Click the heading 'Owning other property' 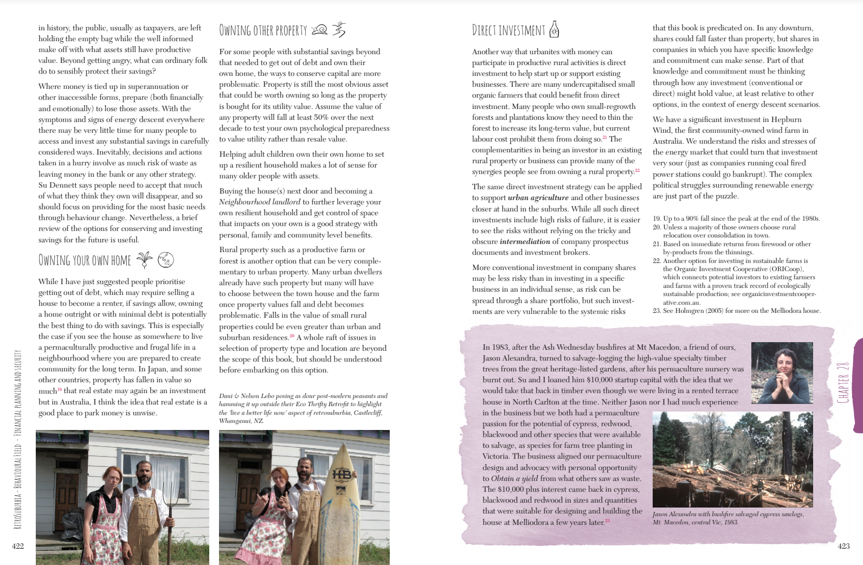click(x=263, y=30)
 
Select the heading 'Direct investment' click(x=508, y=30)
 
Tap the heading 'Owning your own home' click(x=85, y=260)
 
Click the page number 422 click(x=18, y=546)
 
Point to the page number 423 click(x=843, y=546)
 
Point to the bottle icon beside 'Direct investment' click(x=554, y=29)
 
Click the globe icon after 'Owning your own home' click(x=165, y=260)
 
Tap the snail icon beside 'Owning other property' click(x=320, y=30)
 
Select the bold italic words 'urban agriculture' click(x=538, y=198)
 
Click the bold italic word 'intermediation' click(x=525, y=241)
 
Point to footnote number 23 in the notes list click(x=657, y=311)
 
